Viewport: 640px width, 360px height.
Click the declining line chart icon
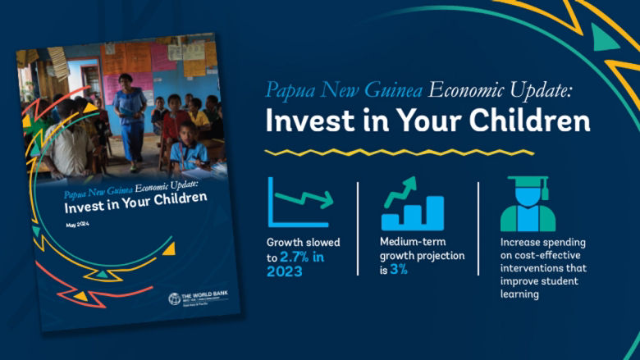[299, 203]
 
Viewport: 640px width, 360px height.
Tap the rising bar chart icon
[412, 204]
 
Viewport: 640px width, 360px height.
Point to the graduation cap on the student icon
[528, 182]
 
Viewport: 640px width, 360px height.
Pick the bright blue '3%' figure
[400, 269]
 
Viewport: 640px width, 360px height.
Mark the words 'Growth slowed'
[303, 243]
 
